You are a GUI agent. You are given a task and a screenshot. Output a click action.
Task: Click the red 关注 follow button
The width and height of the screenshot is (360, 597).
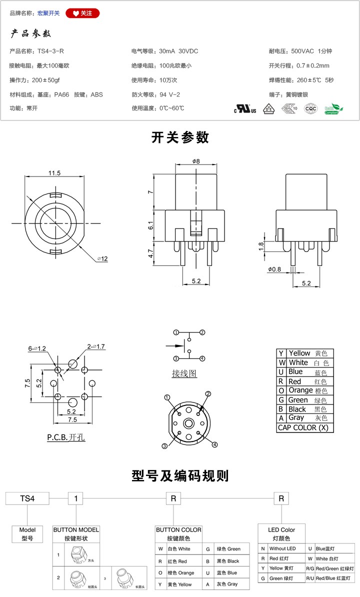[82, 13]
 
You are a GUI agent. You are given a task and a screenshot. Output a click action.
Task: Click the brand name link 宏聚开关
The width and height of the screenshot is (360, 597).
[48, 13]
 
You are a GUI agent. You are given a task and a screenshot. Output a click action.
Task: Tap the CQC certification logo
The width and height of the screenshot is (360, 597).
[310, 108]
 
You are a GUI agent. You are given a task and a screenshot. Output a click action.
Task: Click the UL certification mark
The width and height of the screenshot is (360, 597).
[245, 108]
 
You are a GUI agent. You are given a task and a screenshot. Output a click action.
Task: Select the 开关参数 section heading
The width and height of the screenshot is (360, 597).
[180, 137]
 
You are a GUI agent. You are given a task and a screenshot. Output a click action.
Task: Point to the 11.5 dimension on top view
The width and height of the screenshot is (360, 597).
[54, 173]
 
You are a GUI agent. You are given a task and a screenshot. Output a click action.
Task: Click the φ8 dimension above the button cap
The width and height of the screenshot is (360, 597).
[195, 161]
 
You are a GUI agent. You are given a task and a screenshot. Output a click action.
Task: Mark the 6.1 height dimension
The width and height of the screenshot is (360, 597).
[150, 226]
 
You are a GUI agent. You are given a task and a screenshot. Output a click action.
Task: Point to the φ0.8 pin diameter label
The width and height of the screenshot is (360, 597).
[274, 269]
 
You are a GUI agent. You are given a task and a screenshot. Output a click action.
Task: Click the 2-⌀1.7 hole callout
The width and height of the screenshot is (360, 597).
[96, 346]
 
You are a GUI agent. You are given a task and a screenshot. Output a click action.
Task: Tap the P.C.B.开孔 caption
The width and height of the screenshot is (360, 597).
[66, 437]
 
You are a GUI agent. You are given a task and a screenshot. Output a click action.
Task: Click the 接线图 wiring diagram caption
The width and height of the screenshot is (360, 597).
[184, 373]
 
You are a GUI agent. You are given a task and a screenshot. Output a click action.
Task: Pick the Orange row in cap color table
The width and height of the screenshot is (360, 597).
[305, 390]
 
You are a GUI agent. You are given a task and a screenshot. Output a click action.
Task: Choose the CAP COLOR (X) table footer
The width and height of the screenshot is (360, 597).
[305, 427]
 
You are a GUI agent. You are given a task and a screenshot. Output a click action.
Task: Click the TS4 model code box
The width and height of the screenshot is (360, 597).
[27, 498]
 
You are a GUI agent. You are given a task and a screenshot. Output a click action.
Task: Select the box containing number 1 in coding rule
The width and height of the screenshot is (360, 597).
[75, 498]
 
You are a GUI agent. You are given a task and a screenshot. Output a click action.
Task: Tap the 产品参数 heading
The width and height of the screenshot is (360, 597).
[31, 34]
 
